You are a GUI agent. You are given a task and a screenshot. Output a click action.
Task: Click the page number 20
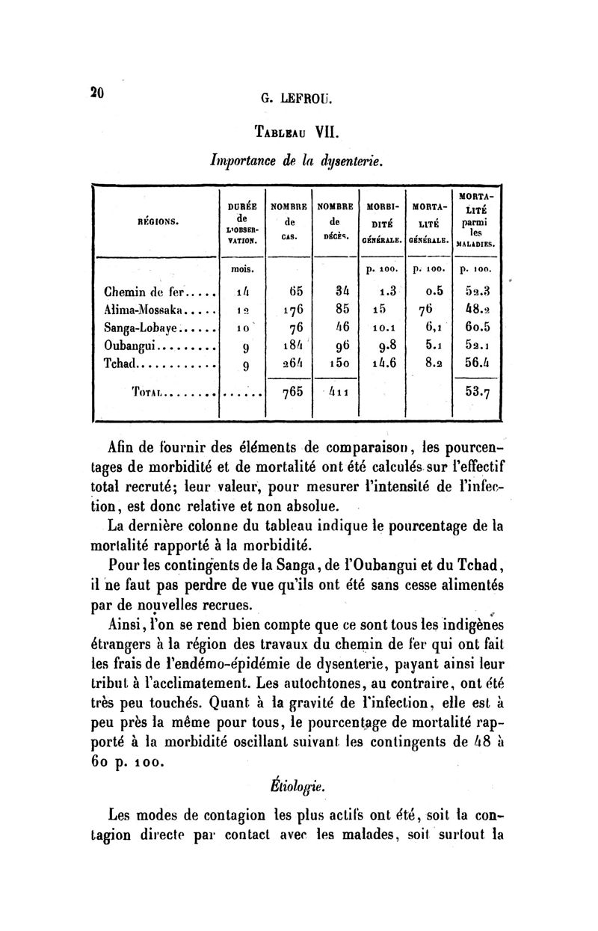96,93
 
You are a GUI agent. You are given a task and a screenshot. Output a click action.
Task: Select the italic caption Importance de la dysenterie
297,159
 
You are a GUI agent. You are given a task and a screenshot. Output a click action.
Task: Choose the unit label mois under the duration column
241,268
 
